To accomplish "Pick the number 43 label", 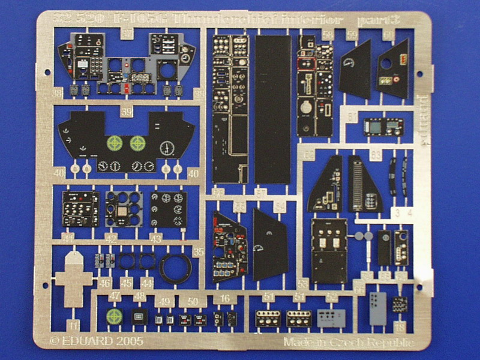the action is point(156,239).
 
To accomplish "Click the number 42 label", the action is point(111,239).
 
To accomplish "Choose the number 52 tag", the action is point(332,296).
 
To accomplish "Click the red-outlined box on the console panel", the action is point(307,62).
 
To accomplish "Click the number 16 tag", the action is point(224,298).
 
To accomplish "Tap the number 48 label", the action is point(139,298).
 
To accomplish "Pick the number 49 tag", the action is point(163,302).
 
